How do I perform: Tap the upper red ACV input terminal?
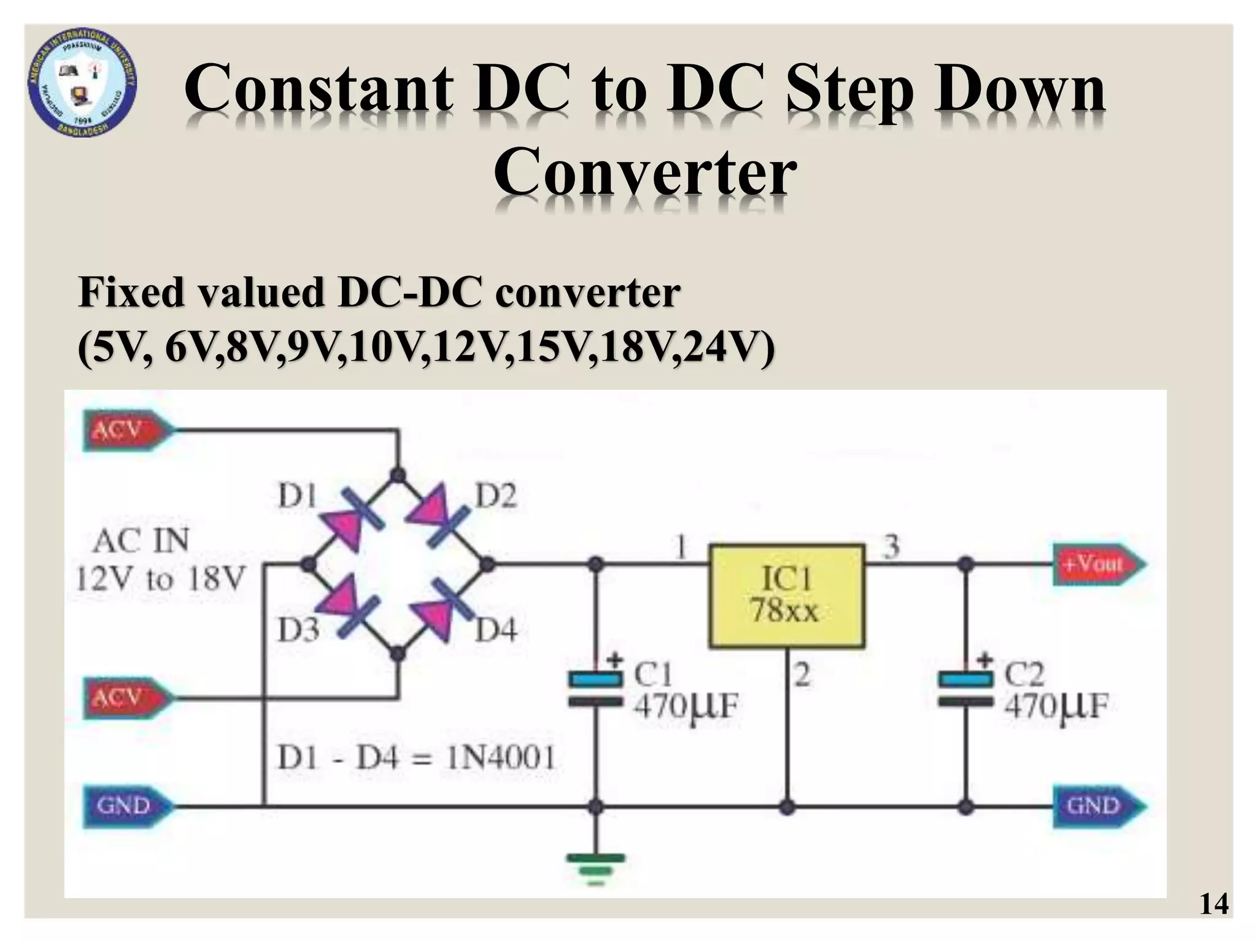(x=125, y=431)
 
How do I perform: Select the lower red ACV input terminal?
(x=125, y=698)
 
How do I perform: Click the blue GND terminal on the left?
(x=126, y=805)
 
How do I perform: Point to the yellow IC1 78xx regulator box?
(x=786, y=595)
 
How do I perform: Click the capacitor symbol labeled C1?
(x=595, y=690)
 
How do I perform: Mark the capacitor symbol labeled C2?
(x=965, y=690)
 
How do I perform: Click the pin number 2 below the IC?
(x=802, y=675)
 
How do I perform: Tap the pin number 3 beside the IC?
(x=891, y=546)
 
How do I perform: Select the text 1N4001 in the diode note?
(x=500, y=759)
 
